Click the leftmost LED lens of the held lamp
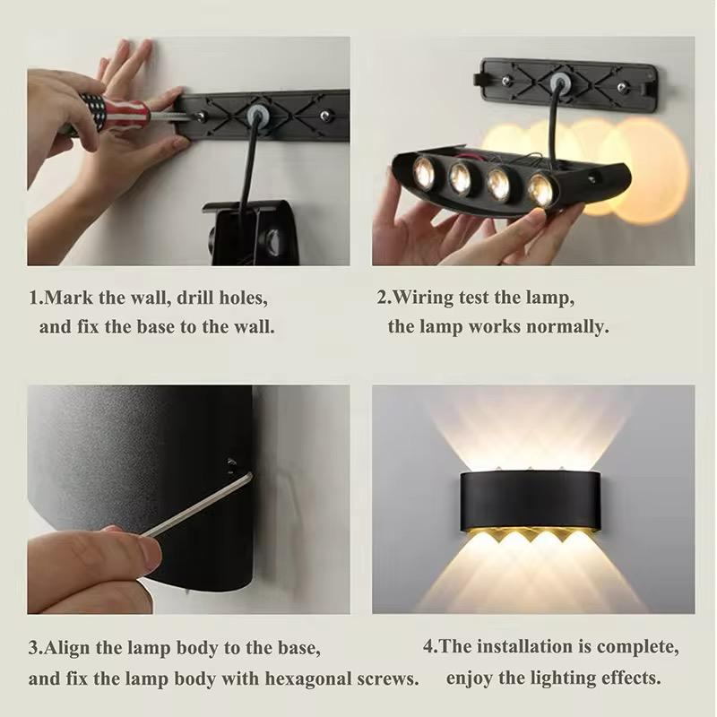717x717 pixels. click(x=425, y=172)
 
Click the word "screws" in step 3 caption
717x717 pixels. click(x=384, y=678)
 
